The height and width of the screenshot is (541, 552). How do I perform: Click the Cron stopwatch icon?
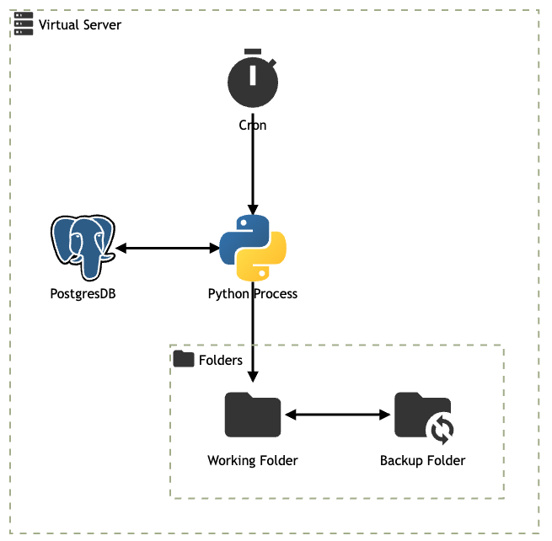click(x=253, y=83)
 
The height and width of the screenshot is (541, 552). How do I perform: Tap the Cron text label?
click(x=253, y=125)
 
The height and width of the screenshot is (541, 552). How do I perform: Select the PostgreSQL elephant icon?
click(x=83, y=248)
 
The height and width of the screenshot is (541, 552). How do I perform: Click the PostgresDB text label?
click(x=83, y=293)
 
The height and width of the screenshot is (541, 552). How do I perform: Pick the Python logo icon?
click(x=253, y=248)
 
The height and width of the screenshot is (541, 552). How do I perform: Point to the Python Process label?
click(x=253, y=293)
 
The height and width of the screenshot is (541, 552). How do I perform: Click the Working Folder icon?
click(x=253, y=415)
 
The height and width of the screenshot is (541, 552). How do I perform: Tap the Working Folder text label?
click(x=253, y=460)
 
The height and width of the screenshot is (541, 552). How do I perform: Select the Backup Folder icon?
click(x=421, y=415)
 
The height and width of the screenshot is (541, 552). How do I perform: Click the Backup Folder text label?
click(x=422, y=460)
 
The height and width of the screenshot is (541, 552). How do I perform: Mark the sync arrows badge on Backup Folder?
click(x=442, y=430)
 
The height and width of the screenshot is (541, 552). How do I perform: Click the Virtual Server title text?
click(x=80, y=24)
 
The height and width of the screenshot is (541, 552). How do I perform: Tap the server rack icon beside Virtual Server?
click(x=24, y=24)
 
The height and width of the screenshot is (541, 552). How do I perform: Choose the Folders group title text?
click(x=221, y=360)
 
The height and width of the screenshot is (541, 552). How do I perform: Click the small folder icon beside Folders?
click(x=184, y=359)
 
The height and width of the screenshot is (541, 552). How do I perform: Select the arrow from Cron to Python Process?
click(x=253, y=169)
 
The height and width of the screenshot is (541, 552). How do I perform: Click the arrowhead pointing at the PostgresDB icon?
click(x=121, y=248)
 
